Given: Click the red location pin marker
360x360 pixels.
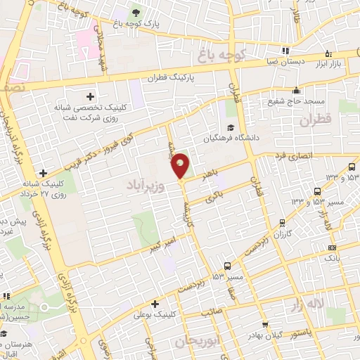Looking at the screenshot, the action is pyautogui.click(x=181, y=166).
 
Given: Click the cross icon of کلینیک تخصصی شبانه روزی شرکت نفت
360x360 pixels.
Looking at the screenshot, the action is pyautogui.click(x=90, y=96).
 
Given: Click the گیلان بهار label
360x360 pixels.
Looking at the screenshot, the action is pyautogui.click(x=266, y=335).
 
